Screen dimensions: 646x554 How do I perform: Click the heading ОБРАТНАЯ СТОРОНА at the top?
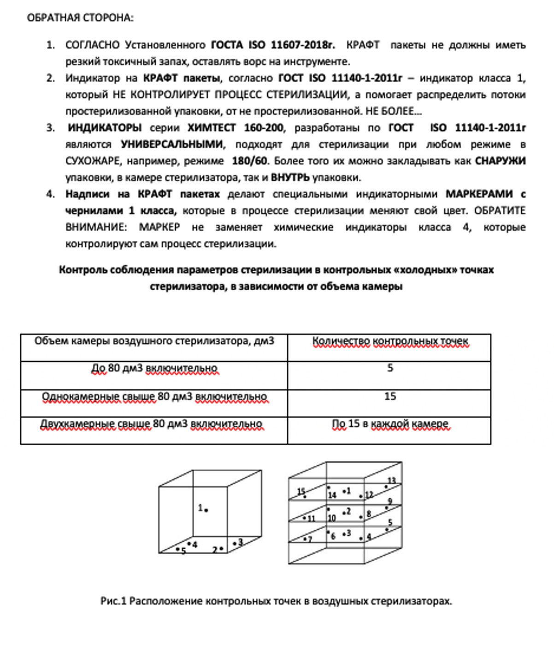pos(80,18)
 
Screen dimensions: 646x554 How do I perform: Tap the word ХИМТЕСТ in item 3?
pos(212,128)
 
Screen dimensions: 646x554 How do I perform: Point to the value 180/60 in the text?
pos(249,161)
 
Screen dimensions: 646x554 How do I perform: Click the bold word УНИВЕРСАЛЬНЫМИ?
pos(172,144)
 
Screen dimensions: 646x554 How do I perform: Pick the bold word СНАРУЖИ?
pos(500,161)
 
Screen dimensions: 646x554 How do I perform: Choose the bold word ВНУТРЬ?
pos(290,178)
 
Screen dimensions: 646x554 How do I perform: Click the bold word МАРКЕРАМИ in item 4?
pos(479,194)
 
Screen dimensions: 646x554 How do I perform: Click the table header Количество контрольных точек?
pos(390,341)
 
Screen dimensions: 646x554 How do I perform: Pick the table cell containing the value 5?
pos(390,368)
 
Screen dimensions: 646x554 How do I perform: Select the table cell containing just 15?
pos(390,396)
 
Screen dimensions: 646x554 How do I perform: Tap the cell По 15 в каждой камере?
pos(390,424)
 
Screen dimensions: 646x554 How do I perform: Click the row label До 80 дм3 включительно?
pos(154,369)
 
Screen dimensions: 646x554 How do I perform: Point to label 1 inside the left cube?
pos(200,508)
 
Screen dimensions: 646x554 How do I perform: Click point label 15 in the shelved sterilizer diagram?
pos(301,492)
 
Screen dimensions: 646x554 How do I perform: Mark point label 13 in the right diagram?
pos(391,481)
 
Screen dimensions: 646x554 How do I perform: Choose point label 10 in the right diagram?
pos(331,518)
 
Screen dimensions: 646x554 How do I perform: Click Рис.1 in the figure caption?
pos(113,601)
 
